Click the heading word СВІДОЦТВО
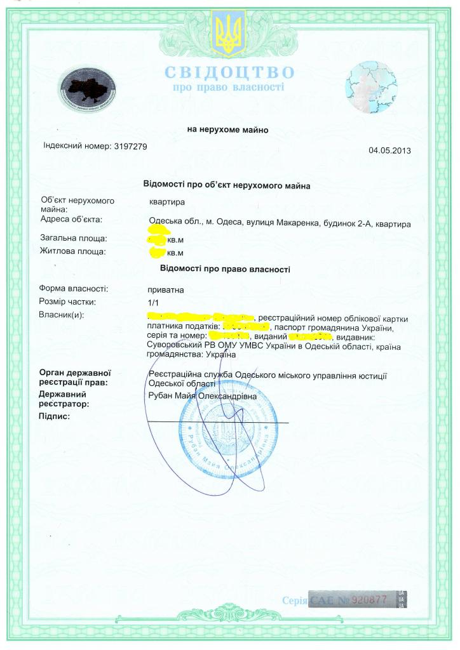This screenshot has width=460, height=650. pos(229,72)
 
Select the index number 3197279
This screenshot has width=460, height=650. pos(130,146)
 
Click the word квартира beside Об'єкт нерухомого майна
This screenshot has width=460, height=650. pos(166,202)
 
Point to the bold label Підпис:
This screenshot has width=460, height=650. pos(54,416)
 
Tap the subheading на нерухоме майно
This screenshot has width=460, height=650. pos(227,129)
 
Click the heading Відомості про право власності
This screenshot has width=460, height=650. pos(226,269)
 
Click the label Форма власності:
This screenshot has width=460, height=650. pos(74,289)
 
